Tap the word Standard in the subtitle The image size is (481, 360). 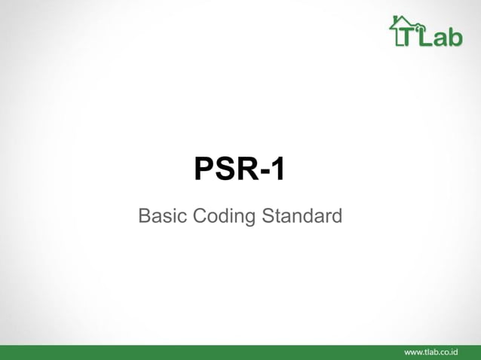302,217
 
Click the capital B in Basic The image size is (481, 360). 145,217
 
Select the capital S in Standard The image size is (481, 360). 268,217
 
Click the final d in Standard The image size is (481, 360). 336,217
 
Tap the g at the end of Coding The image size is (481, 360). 250,219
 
